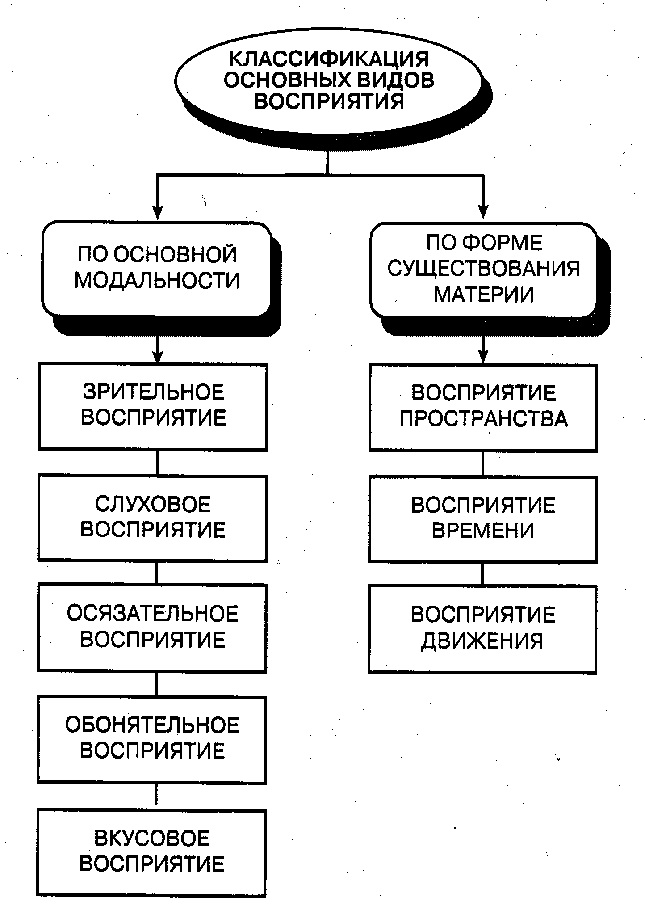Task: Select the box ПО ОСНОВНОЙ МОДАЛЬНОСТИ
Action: (156, 269)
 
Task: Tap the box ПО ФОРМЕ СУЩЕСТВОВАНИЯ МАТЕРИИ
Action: (484, 270)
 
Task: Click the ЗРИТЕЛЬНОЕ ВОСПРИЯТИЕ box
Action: (153, 406)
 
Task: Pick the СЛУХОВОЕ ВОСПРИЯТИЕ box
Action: (152, 518)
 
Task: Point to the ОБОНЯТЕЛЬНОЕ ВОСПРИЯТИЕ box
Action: (152, 738)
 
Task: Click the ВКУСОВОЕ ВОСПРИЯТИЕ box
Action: (151, 851)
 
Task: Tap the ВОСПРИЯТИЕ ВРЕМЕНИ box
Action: (483, 519)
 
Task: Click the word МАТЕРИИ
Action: (484, 295)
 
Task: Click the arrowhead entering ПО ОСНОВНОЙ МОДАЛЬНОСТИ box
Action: (157, 213)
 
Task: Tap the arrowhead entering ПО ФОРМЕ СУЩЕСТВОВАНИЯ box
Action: (483, 213)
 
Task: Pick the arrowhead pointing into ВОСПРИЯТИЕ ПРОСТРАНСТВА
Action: (483, 357)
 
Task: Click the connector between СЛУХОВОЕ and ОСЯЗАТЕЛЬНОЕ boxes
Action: (156, 573)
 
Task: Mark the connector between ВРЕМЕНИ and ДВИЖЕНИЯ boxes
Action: (483, 574)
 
